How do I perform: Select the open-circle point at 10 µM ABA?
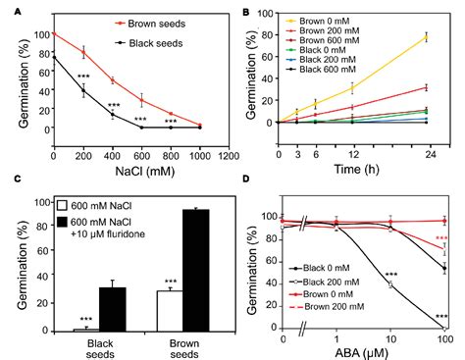[391, 284]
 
